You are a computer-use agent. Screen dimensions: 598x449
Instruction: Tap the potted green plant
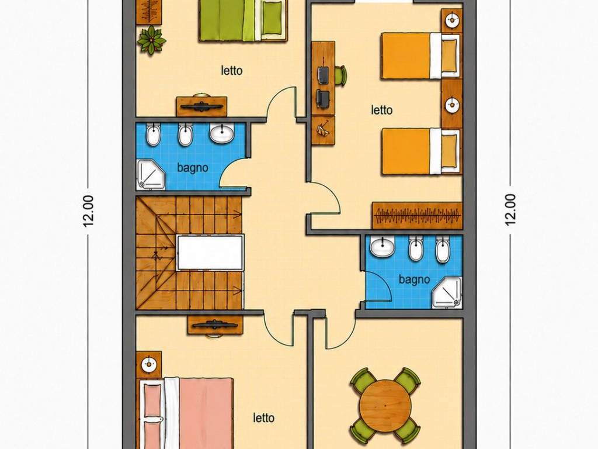152,40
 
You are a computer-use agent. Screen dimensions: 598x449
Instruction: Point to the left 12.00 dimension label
89,210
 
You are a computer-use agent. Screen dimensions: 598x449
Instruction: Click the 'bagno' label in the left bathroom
193,168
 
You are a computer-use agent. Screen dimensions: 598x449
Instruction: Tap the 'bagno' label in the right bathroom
414,279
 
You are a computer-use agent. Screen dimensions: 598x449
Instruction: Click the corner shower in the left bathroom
151,174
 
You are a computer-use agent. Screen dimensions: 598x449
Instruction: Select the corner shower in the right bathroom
447,293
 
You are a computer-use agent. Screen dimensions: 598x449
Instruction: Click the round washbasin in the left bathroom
222,133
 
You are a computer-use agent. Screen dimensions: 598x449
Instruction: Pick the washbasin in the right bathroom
383,246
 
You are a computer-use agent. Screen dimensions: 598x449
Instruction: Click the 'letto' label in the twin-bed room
382,110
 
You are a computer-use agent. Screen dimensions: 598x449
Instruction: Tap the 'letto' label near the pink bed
263,418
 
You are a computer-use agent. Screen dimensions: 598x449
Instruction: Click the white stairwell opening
210,253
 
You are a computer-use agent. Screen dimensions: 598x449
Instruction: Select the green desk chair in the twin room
340,75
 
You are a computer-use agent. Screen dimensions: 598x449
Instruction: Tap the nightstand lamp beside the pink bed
148,365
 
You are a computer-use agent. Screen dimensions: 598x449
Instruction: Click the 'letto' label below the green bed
231,71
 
